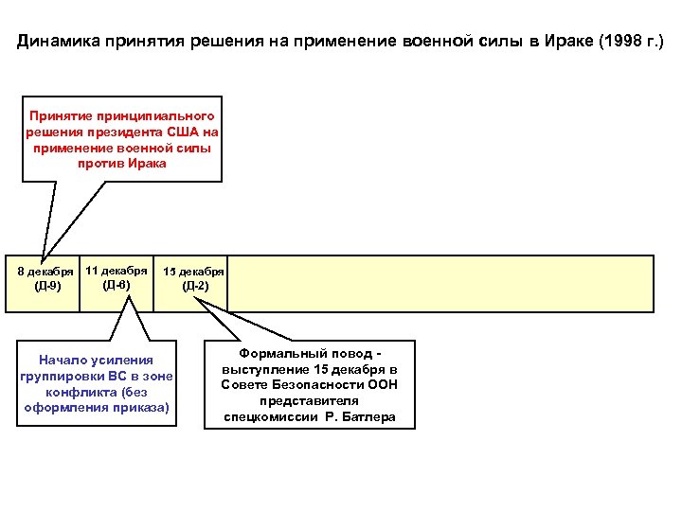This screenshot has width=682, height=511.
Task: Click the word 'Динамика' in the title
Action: pyautogui.click(x=58, y=43)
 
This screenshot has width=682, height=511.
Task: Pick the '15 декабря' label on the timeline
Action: pyautogui.click(x=193, y=272)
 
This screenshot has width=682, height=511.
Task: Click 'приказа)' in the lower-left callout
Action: pyautogui.click(x=144, y=408)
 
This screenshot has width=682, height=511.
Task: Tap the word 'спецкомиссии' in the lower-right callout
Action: pyautogui.click(x=267, y=416)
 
